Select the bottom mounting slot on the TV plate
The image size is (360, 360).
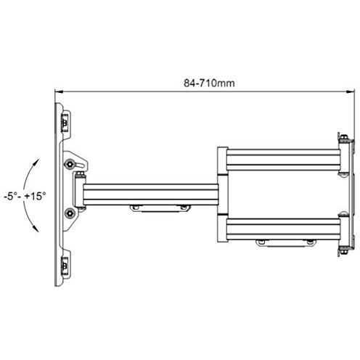[66, 266]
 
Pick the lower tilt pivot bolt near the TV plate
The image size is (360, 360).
[70, 213]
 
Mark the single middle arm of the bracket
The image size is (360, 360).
[149, 194]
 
